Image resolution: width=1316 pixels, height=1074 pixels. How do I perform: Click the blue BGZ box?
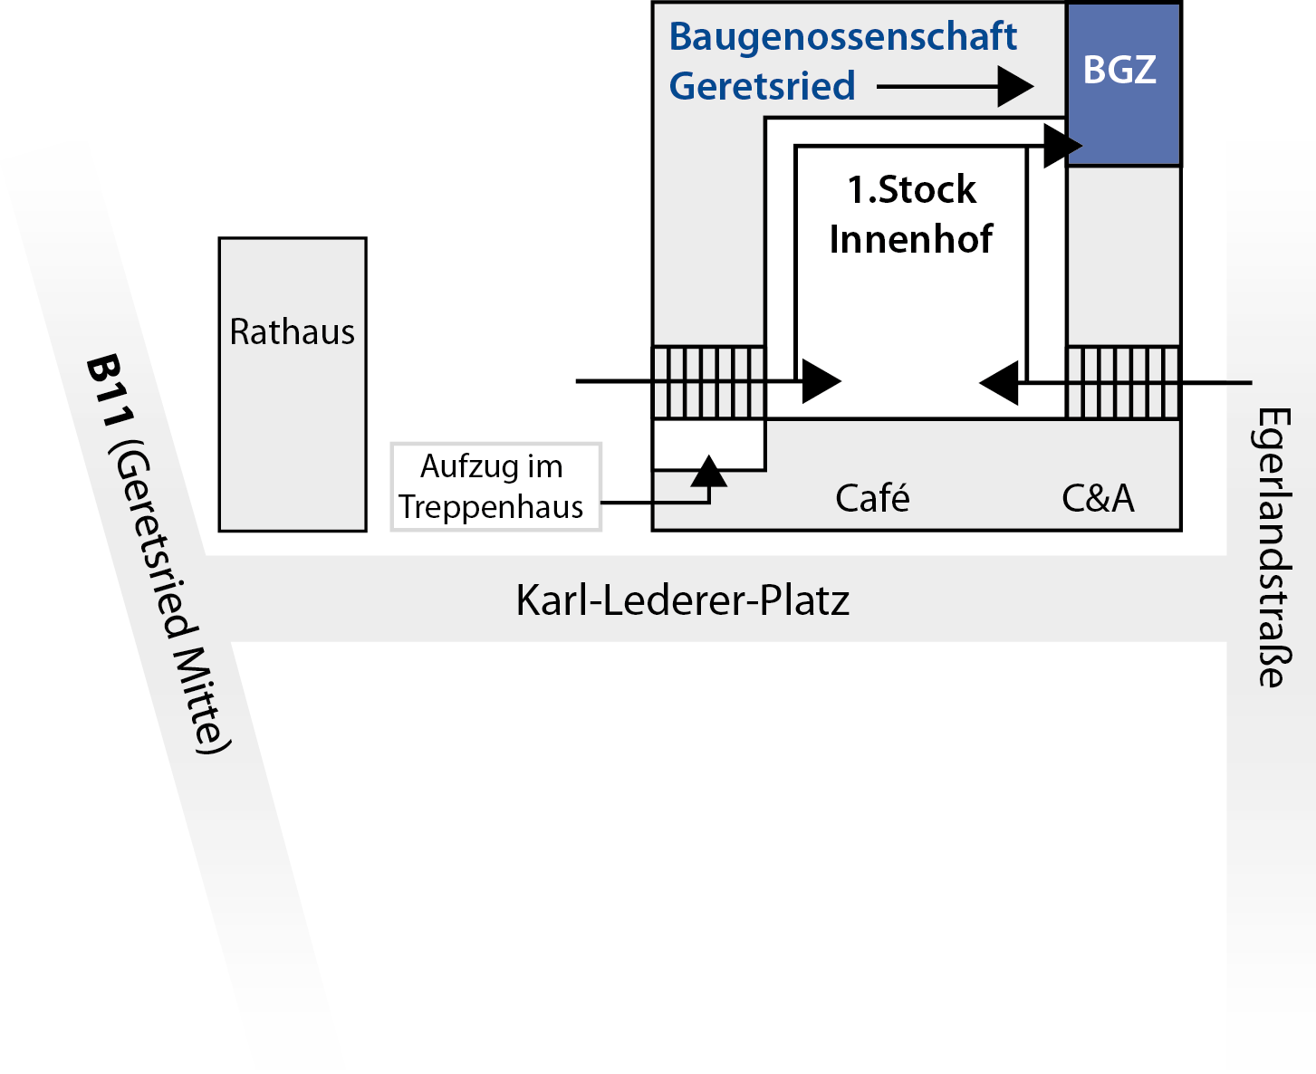pyautogui.click(x=1123, y=83)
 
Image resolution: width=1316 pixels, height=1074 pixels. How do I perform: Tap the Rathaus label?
pyautogui.click(x=292, y=332)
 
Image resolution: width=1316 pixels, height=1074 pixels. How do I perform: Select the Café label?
pyautogui.click(x=871, y=498)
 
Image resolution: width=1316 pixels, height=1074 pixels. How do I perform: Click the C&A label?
pyautogui.click(x=1097, y=498)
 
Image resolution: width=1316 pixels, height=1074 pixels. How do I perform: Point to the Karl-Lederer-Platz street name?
pyautogui.click(x=682, y=599)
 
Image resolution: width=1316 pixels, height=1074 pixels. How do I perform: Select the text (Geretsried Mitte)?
pyautogui.click(x=172, y=598)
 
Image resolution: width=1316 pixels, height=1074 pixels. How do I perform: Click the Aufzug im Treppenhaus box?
pyautogui.click(x=495, y=486)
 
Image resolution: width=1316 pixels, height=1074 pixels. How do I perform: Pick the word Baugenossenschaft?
pyautogui.click(x=842, y=37)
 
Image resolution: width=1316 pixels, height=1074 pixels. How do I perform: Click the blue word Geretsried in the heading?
pyautogui.click(x=762, y=86)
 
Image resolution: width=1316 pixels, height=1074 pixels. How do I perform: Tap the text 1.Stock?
pyautogui.click(x=911, y=190)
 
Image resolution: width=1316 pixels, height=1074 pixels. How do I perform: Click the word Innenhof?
pyautogui.click(x=911, y=239)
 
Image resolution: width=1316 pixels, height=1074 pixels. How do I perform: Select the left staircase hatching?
pyautogui.click(x=708, y=382)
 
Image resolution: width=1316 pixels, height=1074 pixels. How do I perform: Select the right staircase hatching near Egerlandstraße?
pyautogui.click(x=1123, y=382)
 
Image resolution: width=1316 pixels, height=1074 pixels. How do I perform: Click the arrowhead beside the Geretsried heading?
pyautogui.click(x=1013, y=87)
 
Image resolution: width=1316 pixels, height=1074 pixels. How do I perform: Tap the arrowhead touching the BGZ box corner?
pyautogui.click(x=1061, y=146)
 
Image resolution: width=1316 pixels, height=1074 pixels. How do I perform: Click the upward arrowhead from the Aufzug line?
pyautogui.click(x=708, y=473)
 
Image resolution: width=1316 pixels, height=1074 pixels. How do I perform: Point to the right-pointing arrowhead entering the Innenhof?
pyautogui.click(x=820, y=381)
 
